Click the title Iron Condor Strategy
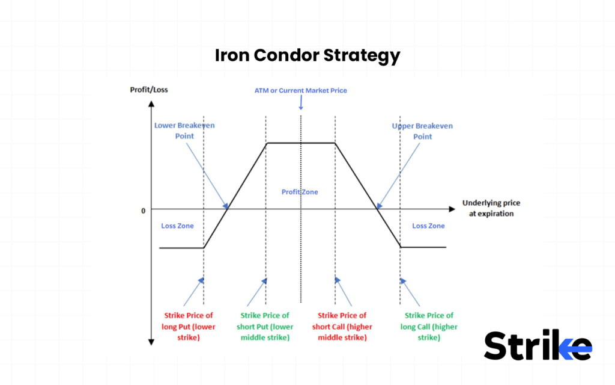click(x=307, y=55)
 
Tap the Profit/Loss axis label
click(x=149, y=90)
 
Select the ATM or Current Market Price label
click(x=300, y=90)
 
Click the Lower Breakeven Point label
click(x=184, y=131)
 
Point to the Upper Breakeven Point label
click(x=422, y=131)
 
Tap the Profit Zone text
click(x=300, y=192)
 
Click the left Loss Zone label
click(x=177, y=226)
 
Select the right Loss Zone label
click(x=428, y=226)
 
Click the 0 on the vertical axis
click(x=144, y=211)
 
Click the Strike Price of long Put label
click(x=189, y=326)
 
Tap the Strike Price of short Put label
click(x=265, y=326)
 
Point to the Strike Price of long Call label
click(x=429, y=326)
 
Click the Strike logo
click(x=538, y=346)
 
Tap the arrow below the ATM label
click(x=301, y=103)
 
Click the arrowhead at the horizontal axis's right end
click(x=452, y=209)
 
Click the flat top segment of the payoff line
click(x=300, y=143)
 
